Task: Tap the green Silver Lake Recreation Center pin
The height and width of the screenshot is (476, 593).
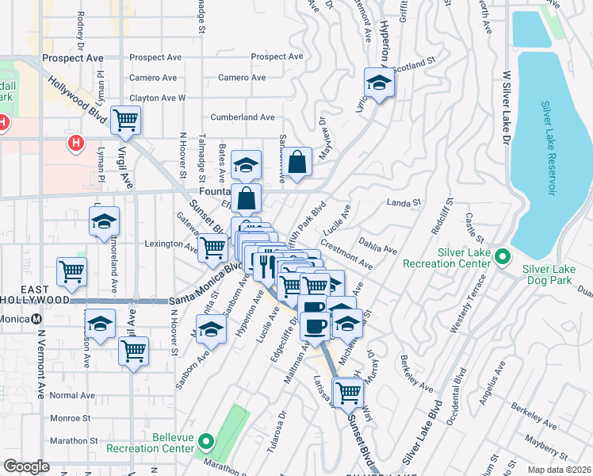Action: [x=502, y=256]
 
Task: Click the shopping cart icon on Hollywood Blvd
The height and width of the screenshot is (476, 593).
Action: [x=126, y=120]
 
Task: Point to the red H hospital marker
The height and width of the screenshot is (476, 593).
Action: [x=75, y=144]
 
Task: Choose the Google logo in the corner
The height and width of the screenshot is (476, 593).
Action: [x=26, y=466]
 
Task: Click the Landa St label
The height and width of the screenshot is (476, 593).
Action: [x=403, y=203]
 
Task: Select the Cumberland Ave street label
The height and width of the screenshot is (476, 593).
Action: [x=243, y=117]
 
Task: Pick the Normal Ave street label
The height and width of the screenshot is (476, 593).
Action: [x=72, y=395]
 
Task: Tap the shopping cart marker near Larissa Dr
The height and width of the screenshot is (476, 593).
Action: [x=347, y=390]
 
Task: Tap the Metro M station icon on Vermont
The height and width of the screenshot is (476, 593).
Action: [x=37, y=319]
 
